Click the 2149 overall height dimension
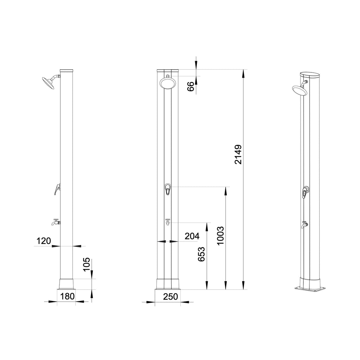point(238,155)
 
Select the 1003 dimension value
point(220,236)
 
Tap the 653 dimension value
point(201,254)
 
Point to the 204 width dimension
point(192,236)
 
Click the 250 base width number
point(171,297)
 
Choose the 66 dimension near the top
point(191,87)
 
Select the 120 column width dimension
point(44,241)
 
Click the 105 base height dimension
point(86,264)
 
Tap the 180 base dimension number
point(67,296)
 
